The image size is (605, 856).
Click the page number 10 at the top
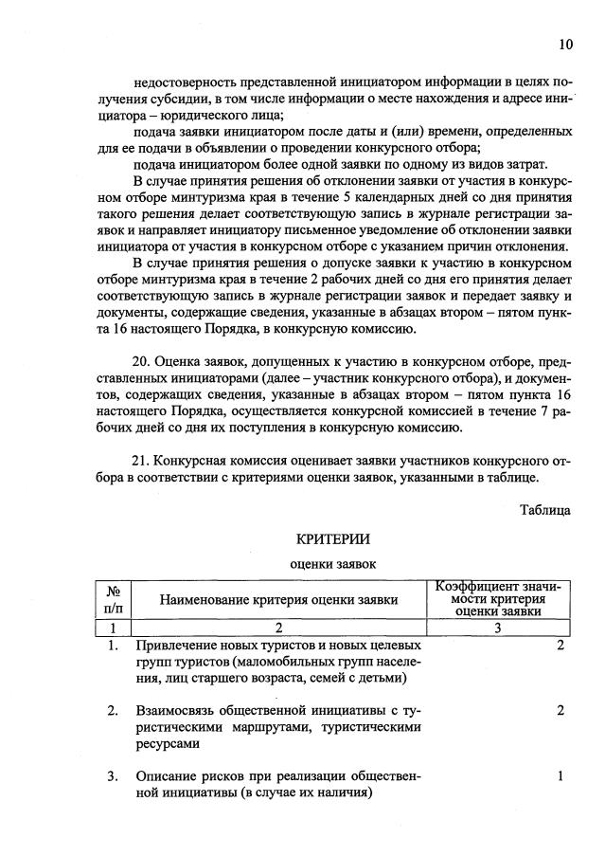point(565,45)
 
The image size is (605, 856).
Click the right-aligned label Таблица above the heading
point(544,510)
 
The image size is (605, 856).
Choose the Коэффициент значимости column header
point(497,598)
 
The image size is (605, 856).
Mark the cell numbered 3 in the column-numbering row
point(497,627)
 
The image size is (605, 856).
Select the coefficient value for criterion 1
point(561,646)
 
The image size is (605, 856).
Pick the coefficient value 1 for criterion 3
point(561,776)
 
